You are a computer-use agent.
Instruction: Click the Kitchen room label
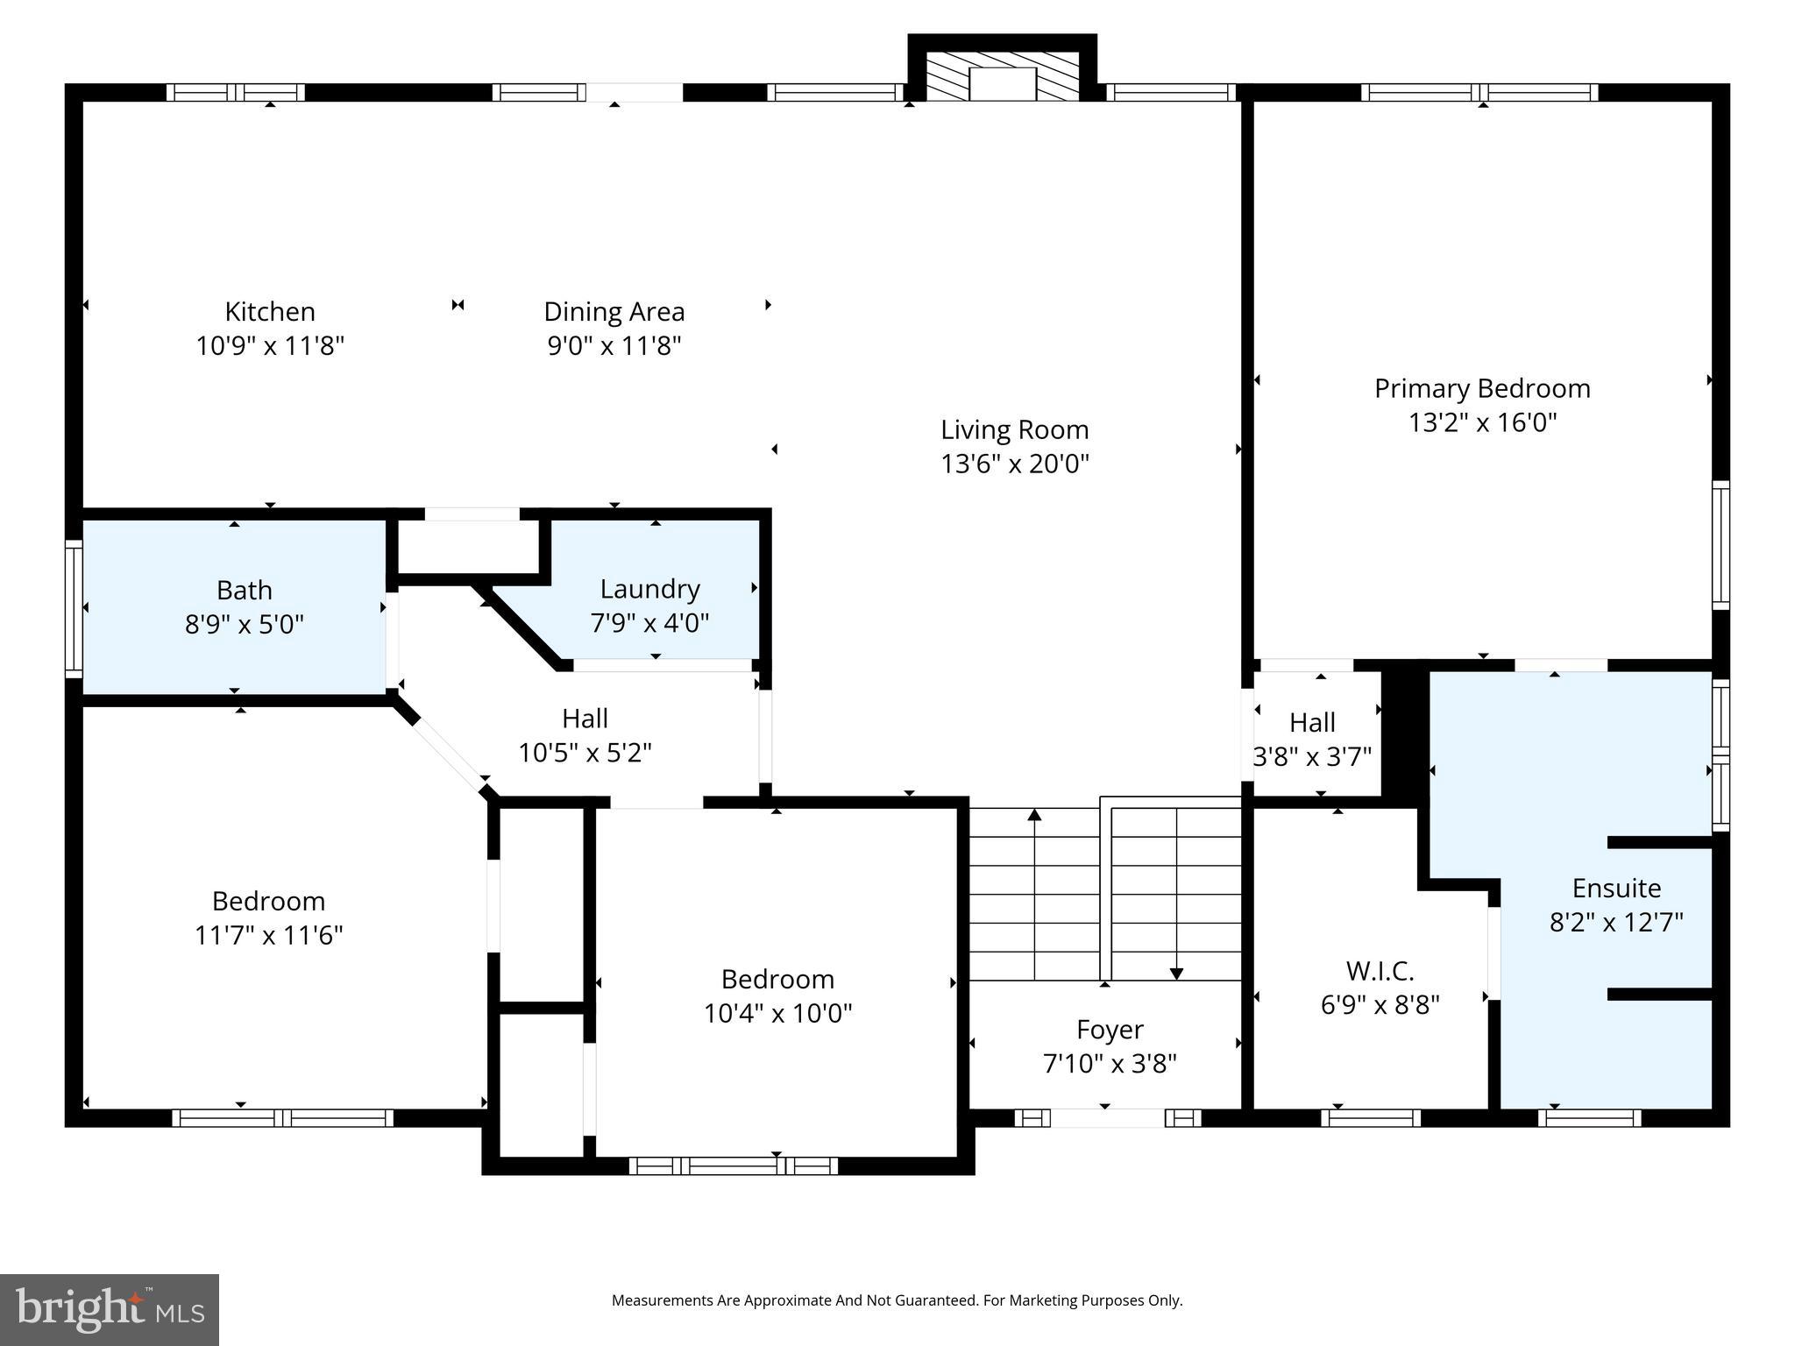tap(270, 312)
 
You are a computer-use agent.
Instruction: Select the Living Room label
tap(1014, 429)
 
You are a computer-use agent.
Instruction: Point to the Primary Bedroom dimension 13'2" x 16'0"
tap(1481, 423)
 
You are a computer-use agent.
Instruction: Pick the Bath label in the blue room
tap(244, 590)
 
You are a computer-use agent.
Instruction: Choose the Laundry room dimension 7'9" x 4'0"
tap(649, 623)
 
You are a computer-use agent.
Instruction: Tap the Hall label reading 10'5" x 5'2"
tap(585, 719)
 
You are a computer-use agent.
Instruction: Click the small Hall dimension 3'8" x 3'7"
tap(1312, 757)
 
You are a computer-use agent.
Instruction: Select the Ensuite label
tap(1616, 889)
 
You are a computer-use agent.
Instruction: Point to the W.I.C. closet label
tap(1380, 971)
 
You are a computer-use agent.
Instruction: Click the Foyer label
tap(1110, 1030)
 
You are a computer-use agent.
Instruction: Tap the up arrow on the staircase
tap(1034, 816)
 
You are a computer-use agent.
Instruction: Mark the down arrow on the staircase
tap(1176, 973)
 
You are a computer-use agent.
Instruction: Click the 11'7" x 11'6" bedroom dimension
tap(268, 936)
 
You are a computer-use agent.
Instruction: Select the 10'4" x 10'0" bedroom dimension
tap(777, 1014)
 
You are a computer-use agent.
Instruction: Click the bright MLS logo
tap(110, 1309)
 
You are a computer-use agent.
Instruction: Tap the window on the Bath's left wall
tap(74, 608)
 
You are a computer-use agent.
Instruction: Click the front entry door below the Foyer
tap(1108, 1118)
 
